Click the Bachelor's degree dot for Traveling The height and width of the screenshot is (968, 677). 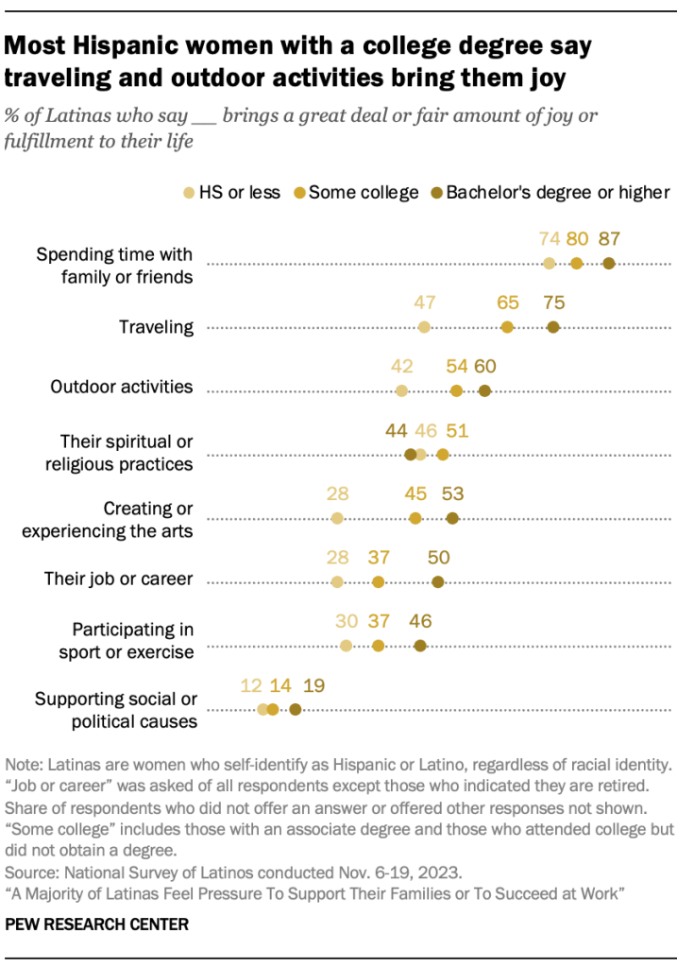552,327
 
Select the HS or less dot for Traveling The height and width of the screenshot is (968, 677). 424,327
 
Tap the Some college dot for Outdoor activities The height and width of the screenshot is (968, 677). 457,390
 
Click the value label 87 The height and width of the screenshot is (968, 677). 608,240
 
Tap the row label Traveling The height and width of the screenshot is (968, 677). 156,327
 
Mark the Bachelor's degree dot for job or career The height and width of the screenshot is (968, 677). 437,582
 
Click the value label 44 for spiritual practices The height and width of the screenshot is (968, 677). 397,431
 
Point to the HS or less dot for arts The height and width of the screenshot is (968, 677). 337,518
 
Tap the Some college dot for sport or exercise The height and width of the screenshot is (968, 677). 378,646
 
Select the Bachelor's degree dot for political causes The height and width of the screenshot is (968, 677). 296,709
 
